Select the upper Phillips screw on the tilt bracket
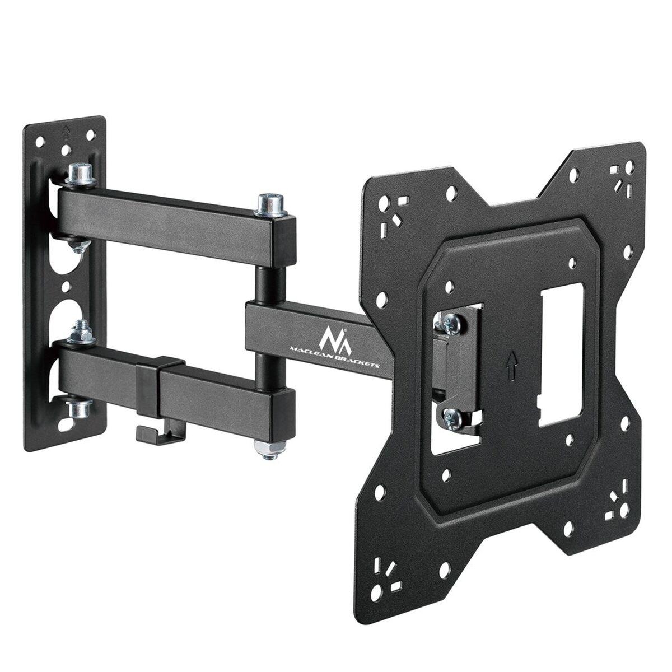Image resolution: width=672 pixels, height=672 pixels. (x=452, y=323)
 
